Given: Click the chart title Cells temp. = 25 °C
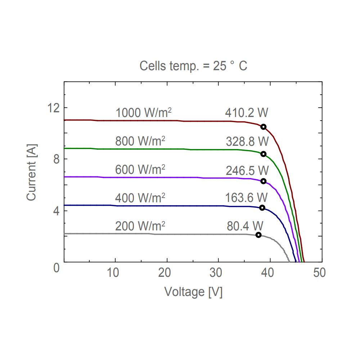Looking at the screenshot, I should [x=193, y=66].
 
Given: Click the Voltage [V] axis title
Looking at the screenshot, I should [x=193, y=291].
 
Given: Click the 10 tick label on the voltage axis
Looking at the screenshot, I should [x=113, y=273].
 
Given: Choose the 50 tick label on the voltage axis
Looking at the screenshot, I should [x=319, y=273].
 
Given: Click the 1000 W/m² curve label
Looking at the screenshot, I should [x=143, y=113].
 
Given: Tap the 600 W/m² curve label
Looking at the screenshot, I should [x=140, y=169].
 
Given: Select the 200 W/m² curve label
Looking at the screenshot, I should [x=140, y=226].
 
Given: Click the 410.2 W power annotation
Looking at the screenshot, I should [x=247, y=113].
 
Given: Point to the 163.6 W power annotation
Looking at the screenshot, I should [x=247, y=198].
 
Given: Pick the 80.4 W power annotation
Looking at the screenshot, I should [x=245, y=226].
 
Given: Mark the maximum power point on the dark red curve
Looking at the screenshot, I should [x=264, y=127].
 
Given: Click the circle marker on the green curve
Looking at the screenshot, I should [x=264, y=154].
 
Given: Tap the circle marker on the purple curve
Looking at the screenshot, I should [x=264, y=181].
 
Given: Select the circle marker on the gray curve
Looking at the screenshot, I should [x=258, y=235].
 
